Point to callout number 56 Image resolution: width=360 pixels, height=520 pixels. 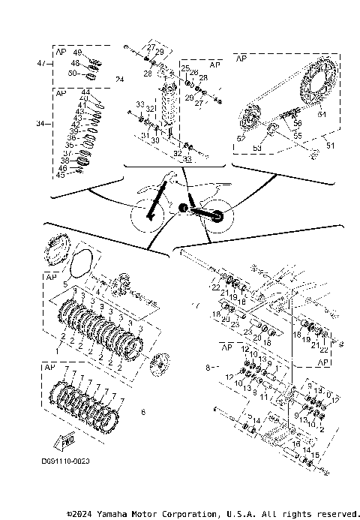tap(298, 122)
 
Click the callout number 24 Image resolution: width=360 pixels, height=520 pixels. tap(119, 80)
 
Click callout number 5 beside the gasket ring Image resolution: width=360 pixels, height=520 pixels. tap(65, 284)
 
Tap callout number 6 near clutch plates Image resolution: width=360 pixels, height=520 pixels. tap(143, 411)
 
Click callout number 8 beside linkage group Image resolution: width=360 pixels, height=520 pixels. tap(206, 368)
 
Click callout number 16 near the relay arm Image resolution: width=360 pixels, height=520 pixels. tap(296, 444)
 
